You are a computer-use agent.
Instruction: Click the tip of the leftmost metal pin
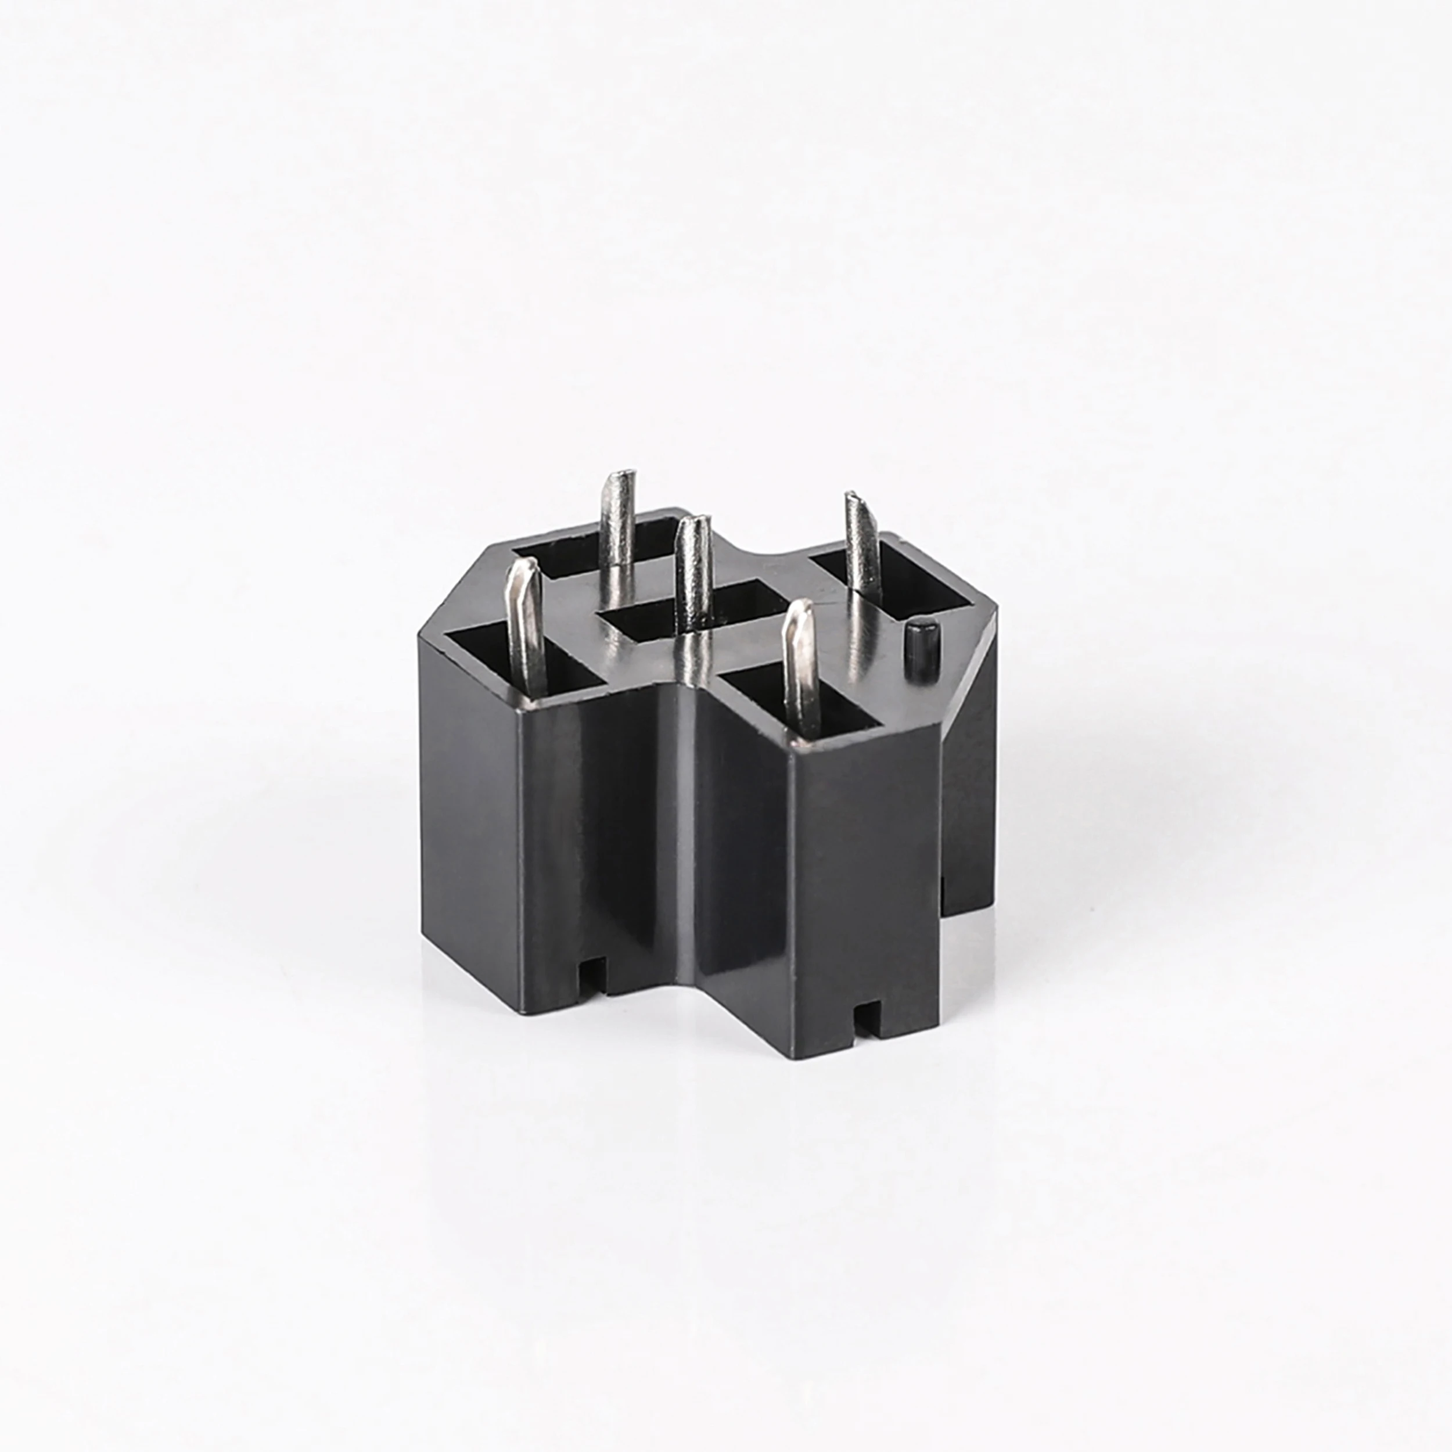(x=522, y=570)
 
